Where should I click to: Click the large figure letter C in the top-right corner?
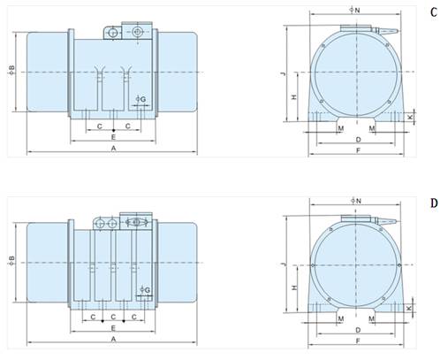point(434,12)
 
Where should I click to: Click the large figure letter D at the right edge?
point(434,203)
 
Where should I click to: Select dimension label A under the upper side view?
point(114,149)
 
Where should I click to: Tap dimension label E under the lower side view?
point(113,328)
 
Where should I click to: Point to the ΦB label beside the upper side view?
point(11,70)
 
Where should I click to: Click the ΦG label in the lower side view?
point(145,290)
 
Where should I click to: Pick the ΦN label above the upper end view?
point(355,11)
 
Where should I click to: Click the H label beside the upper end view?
point(294,96)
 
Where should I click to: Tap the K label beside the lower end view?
point(409,308)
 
